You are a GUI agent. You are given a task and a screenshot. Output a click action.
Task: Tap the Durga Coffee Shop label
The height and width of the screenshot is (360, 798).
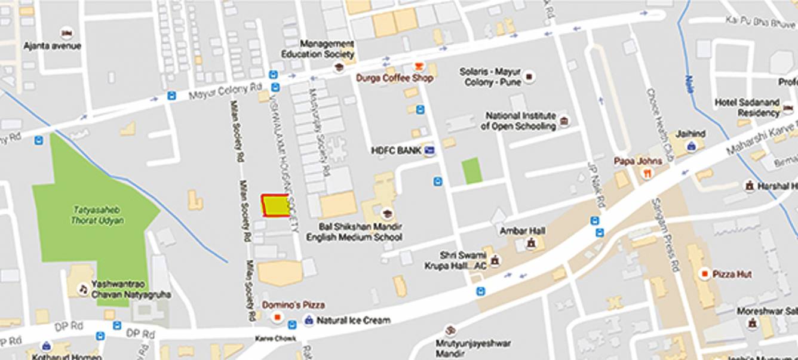[x=394, y=78]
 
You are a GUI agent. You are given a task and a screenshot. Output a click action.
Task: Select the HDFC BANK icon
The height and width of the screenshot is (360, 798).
[x=429, y=150]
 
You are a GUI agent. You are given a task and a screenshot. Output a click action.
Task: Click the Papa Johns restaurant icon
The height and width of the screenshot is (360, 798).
[x=646, y=173]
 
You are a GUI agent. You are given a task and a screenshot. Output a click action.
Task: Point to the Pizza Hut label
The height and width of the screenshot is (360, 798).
[x=732, y=274]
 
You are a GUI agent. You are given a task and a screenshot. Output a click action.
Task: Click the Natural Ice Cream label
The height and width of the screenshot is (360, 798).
[x=353, y=321]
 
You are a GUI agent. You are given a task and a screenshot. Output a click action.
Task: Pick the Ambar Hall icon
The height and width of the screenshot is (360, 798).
[x=530, y=244]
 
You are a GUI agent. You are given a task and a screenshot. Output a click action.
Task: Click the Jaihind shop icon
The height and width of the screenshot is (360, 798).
[x=692, y=146]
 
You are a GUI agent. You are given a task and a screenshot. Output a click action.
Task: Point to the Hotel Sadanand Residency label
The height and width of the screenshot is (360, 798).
[x=747, y=107]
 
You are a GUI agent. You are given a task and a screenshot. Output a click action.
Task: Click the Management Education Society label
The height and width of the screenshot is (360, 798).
[x=326, y=49]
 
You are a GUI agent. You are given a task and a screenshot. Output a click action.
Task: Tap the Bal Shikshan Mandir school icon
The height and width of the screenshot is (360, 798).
[x=387, y=214]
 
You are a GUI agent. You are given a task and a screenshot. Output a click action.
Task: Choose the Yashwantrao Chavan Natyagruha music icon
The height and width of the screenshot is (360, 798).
[x=84, y=290]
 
